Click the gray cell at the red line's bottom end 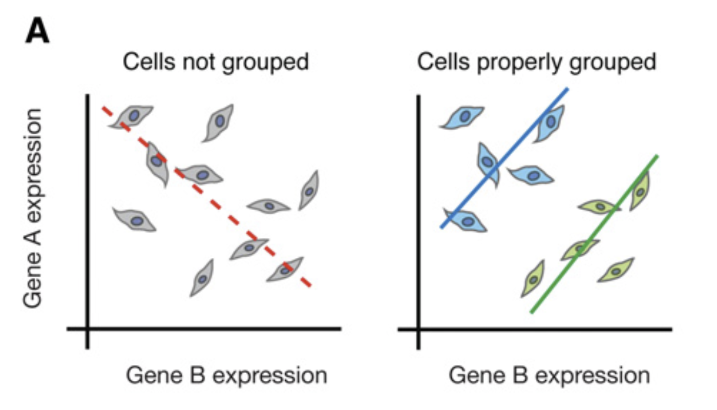point(285,269)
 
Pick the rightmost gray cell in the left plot point(309,190)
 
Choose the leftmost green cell point(534,279)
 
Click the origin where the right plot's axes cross point(419,329)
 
